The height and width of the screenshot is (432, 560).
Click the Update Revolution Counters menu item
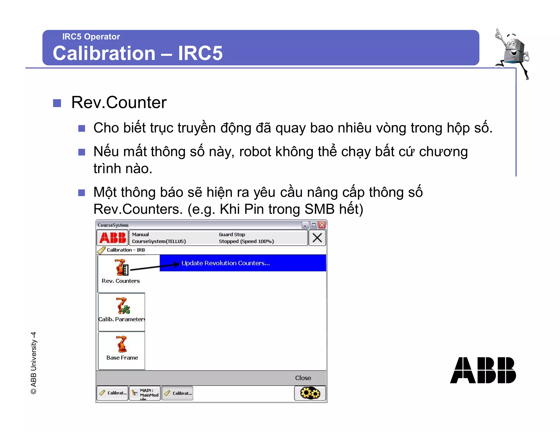tap(226, 263)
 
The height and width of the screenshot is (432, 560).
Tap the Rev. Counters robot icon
tap(121, 267)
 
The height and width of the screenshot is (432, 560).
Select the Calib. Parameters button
tap(121, 312)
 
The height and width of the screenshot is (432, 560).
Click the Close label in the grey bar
tap(303, 378)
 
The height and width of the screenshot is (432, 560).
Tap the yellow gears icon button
tap(310, 393)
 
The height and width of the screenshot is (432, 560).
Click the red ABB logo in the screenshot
tap(113, 238)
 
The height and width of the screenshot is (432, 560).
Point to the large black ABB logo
tap(483, 370)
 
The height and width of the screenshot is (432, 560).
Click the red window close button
tap(322, 225)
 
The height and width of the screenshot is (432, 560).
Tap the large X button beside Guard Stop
tap(317, 238)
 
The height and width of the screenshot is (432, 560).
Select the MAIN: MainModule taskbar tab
tap(145, 393)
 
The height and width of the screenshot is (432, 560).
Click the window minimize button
tap(305, 225)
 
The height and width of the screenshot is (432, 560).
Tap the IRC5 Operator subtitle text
tap(91, 37)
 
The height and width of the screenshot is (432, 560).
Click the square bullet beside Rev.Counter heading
tap(57, 103)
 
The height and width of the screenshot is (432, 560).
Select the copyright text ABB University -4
tap(33, 363)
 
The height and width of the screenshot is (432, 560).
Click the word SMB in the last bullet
tap(319, 209)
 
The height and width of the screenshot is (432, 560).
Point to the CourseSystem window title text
tap(113, 225)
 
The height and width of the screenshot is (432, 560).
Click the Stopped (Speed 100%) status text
tap(246, 241)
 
